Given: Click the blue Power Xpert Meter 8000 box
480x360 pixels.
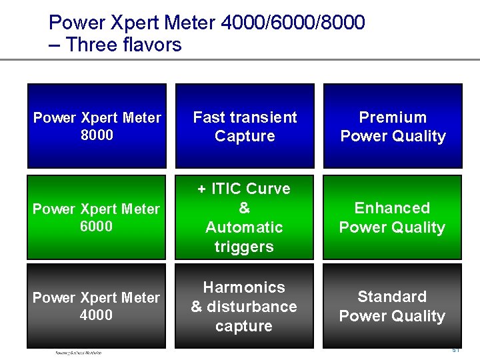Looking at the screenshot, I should point(97,126).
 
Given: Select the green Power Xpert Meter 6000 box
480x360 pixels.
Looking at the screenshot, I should point(97,217).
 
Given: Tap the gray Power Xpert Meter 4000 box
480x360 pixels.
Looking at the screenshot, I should point(97,306).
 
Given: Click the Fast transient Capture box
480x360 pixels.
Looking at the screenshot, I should point(245,126).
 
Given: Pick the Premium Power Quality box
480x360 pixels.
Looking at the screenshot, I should point(393,126).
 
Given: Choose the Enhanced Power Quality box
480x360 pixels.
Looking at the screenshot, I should point(393,217).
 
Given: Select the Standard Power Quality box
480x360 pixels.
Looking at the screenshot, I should point(393,306).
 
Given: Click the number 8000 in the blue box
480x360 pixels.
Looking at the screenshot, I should point(97,135).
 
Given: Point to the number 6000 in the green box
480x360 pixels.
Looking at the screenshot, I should point(97,226).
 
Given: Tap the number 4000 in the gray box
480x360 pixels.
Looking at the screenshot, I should point(97,315).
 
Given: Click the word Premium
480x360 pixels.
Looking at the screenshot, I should point(393,117).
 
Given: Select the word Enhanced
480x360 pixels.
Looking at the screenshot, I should point(392,208).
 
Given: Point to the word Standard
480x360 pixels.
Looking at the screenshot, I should point(392,297).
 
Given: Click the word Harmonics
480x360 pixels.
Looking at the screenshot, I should point(244,287).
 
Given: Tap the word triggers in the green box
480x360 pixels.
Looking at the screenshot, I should point(244,247).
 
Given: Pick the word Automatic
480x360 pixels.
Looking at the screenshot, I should point(244,227).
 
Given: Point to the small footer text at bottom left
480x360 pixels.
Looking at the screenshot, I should point(79,353).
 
